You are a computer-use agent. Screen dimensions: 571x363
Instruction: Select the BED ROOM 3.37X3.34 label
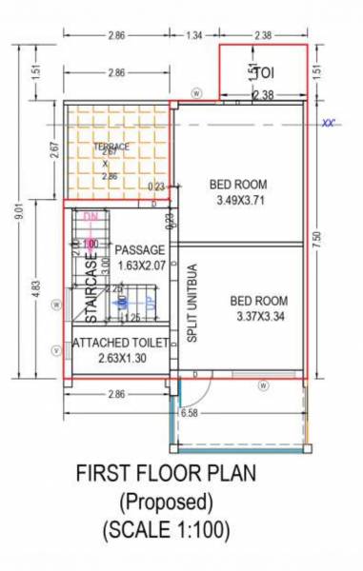258,309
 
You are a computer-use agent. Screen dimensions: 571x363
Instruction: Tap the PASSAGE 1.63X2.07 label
141,257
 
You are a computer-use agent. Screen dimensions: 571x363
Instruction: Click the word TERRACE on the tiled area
111,147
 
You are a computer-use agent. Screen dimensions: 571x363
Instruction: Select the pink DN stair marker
91,217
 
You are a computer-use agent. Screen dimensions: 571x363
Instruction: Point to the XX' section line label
331,123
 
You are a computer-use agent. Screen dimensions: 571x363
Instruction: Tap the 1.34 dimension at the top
193,35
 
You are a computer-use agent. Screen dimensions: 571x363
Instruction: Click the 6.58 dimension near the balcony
190,413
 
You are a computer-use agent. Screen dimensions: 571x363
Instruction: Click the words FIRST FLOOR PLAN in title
165,473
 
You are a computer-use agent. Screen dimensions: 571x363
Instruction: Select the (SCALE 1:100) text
166,527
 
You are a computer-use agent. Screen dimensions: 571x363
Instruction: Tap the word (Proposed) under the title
166,500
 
